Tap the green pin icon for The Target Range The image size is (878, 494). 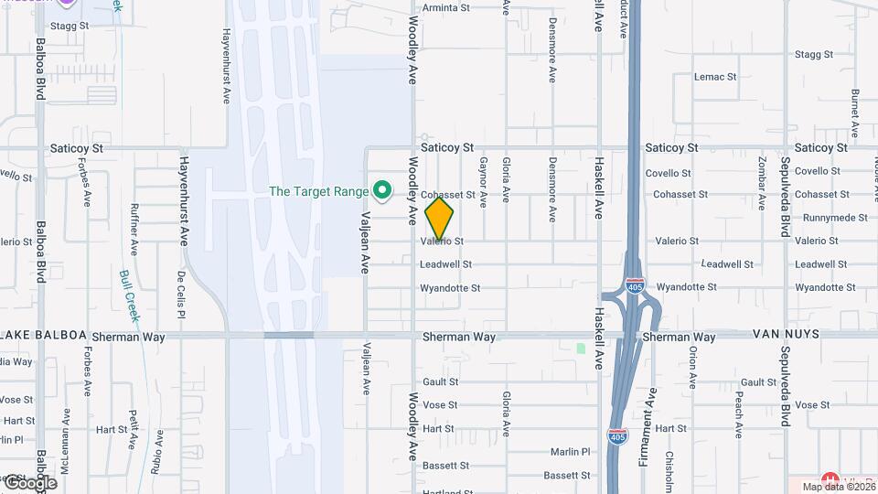coord(383,191)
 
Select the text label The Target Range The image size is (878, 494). coord(318,191)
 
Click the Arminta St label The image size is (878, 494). coord(444,7)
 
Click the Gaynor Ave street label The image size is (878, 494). coord(482,180)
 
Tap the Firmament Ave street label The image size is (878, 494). coord(650,426)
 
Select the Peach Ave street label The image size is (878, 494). coord(738,417)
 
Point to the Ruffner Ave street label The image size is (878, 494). coord(134,229)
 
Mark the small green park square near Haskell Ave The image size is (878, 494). coord(580,349)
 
